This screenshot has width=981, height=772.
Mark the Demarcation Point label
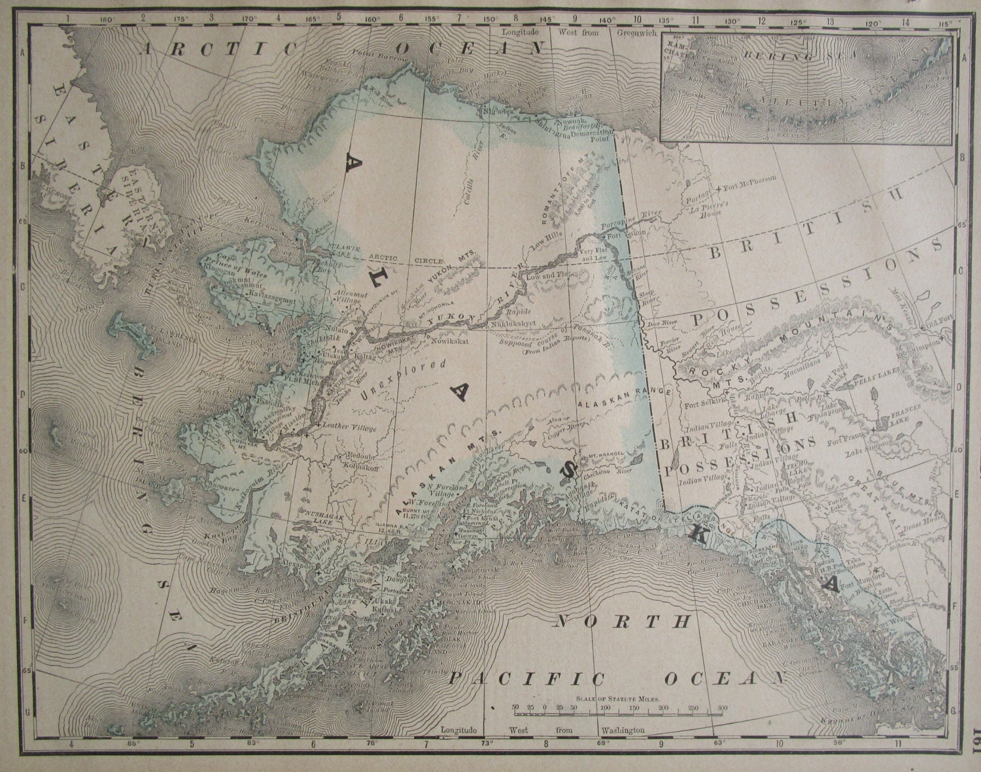pyautogui.click(x=595, y=135)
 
